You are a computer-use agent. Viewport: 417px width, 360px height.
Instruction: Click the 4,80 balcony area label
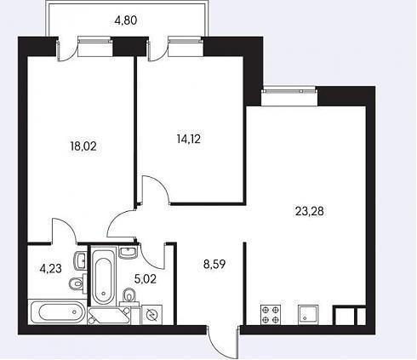tap(126, 20)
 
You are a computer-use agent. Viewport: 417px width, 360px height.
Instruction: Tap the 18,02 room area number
tap(83, 146)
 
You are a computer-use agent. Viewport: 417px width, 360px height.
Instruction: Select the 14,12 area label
tap(189, 139)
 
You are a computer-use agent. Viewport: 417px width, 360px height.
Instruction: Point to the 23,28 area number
tap(310, 211)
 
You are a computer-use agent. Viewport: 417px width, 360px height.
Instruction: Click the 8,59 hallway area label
tap(214, 264)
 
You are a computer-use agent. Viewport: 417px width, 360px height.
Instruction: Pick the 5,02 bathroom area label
tap(146, 279)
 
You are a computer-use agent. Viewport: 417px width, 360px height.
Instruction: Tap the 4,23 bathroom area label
tap(51, 268)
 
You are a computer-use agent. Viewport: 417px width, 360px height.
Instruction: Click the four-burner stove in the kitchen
tap(271, 315)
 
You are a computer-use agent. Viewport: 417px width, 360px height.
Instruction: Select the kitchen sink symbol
tap(308, 315)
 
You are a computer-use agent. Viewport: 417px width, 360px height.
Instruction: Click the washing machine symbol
tap(151, 315)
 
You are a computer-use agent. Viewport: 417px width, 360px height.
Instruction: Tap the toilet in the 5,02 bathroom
tap(129, 296)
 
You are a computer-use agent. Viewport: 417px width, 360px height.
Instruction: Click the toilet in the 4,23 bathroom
tap(77, 283)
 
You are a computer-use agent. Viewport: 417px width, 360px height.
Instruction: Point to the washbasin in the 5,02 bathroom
tap(129, 252)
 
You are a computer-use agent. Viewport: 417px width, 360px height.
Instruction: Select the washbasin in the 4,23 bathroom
tap(81, 260)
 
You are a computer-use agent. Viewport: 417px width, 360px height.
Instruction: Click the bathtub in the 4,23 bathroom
tap(57, 311)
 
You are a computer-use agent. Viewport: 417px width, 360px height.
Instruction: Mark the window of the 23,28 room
tap(289, 91)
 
